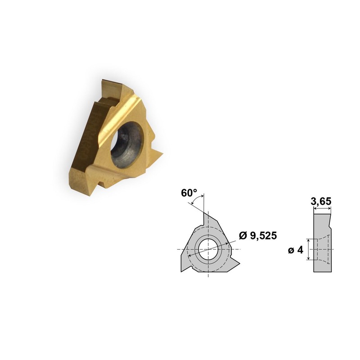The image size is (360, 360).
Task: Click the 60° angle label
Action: pyautogui.click(x=189, y=193)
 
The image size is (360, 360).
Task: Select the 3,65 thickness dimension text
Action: pyautogui.click(x=322, y=202)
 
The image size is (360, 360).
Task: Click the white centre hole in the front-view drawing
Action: pyautogui.click(x=208, y=249)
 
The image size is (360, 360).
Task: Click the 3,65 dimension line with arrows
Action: pyautogui.click(x=322, y=209)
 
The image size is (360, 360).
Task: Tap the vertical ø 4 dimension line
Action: pyautogui.click(x=308, y=249)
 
